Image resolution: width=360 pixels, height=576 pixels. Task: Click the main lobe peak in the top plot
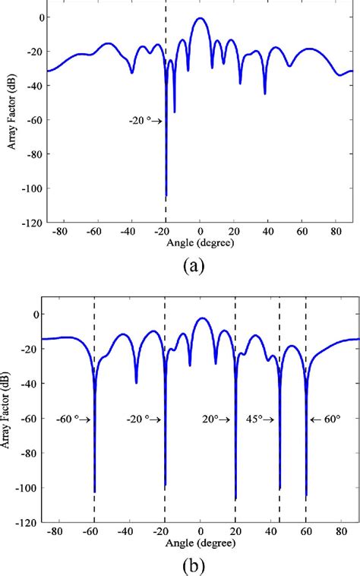tap(200, 18)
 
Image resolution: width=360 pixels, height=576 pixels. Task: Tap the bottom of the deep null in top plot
tap(166, 195)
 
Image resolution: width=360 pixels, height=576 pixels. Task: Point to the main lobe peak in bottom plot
tap(201, 318)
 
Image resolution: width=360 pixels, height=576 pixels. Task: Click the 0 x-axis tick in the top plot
tap(200, 231)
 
